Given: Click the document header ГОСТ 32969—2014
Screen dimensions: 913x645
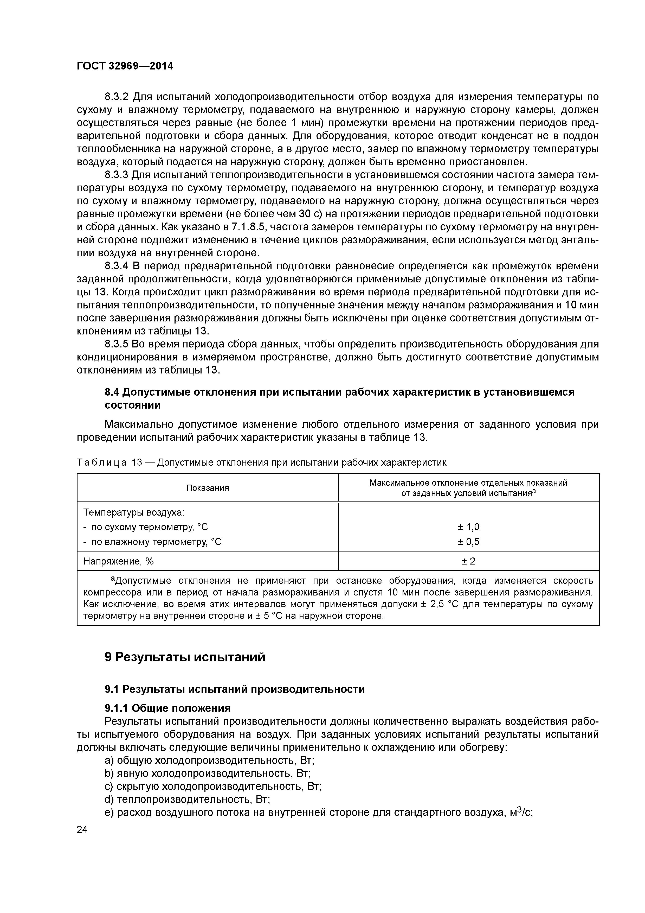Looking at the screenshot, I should pyautogui.click(x=125, y=66).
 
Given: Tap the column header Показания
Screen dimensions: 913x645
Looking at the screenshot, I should pyautogui.click(x=208, y=488).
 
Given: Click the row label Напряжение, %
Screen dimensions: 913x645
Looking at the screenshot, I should pyautogui.click(x=118, y=561).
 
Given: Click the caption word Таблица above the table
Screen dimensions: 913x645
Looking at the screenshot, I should pyautogui.click(x=102, y=462).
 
